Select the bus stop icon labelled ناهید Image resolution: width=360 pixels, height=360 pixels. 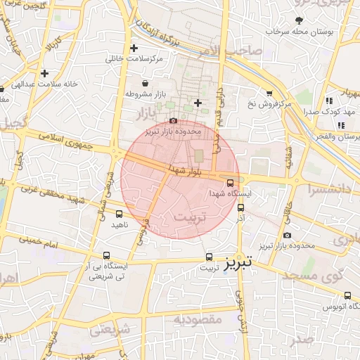pos(119,214)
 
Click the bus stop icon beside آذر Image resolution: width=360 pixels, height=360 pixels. pos(241,207)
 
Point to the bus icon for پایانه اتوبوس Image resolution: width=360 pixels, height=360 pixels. pos(348,295)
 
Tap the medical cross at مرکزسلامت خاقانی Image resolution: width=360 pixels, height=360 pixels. pos(134,48)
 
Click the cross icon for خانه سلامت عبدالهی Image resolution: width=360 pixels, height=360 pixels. pos(44,72)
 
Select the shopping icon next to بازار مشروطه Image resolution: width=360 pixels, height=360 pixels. pos(145,83)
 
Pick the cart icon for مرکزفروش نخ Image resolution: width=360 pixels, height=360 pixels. pos(269,94)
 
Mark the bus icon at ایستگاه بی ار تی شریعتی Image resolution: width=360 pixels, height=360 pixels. pos(106,256)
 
